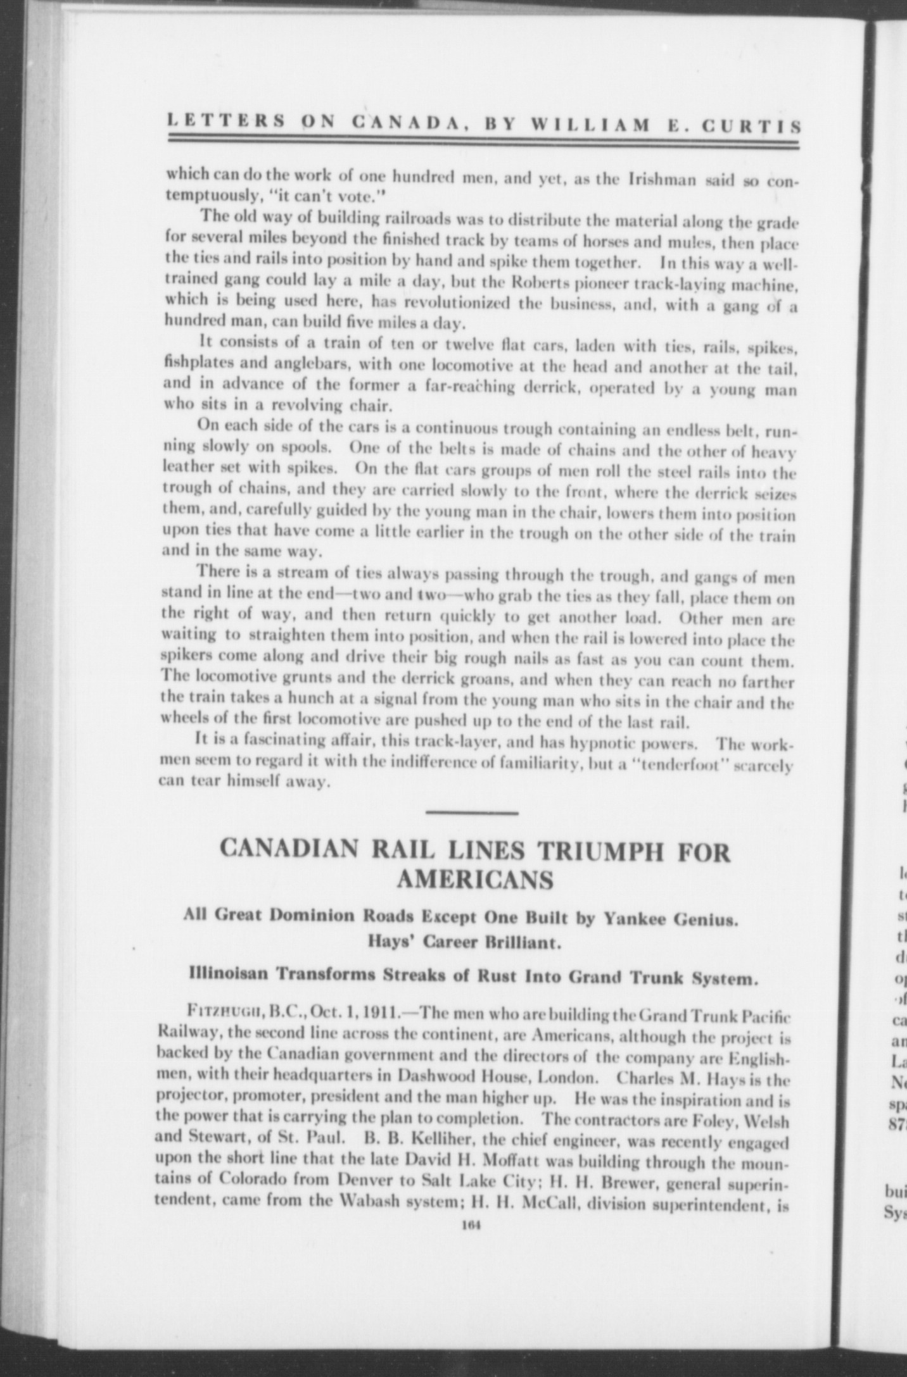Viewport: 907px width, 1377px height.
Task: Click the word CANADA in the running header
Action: point(402,124)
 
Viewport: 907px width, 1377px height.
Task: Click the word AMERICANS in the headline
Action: point(474,880)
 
